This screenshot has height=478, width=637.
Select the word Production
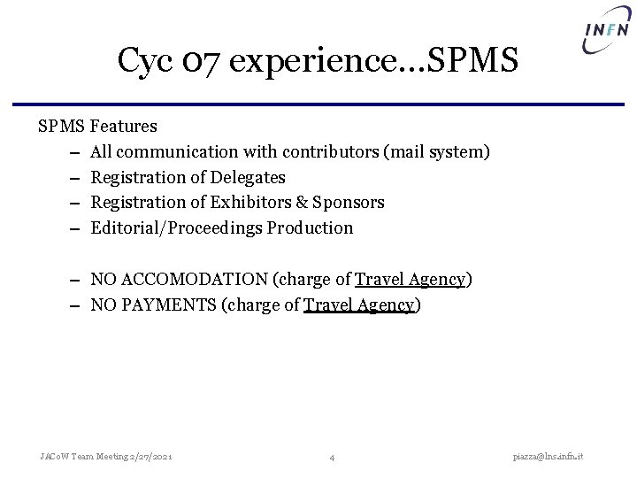tap(310, 228)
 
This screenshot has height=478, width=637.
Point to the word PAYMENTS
tap(173, 305)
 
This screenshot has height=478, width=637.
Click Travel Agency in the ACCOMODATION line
tap(410, 280)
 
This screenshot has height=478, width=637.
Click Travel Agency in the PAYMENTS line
tap(359, 305)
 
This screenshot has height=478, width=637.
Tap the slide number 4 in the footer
tap(331, 457)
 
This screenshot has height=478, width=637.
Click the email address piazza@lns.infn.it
tap(555, 456)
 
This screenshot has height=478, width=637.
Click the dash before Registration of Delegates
tap(68, 177)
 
